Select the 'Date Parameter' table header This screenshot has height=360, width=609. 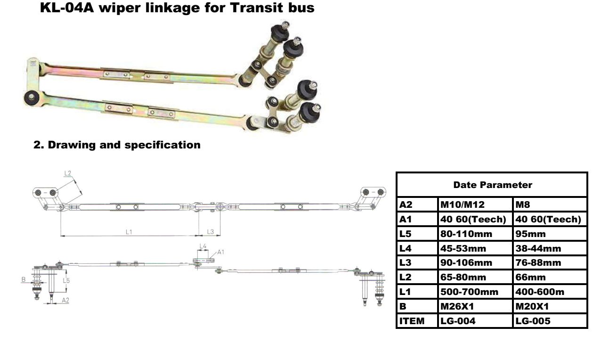[492, 185]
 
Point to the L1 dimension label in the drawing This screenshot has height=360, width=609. [129, 232]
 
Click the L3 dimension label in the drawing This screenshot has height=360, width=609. [211, 232]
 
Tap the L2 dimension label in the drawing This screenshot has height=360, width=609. [68, 173]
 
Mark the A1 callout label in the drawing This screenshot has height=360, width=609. [220, 252]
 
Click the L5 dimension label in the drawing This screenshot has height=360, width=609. [66, 280]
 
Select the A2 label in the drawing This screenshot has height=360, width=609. [65, 300]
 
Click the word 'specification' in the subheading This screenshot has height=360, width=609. [162, 145]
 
